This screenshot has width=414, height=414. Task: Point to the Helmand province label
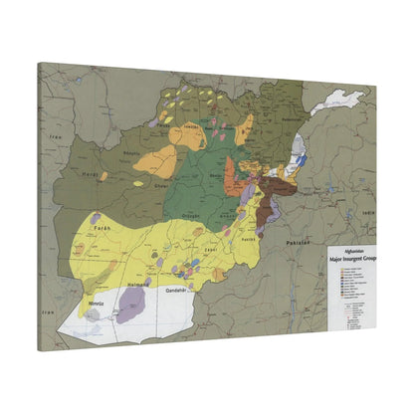[139, 284]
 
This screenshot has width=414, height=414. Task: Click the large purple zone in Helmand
[132, 306]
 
